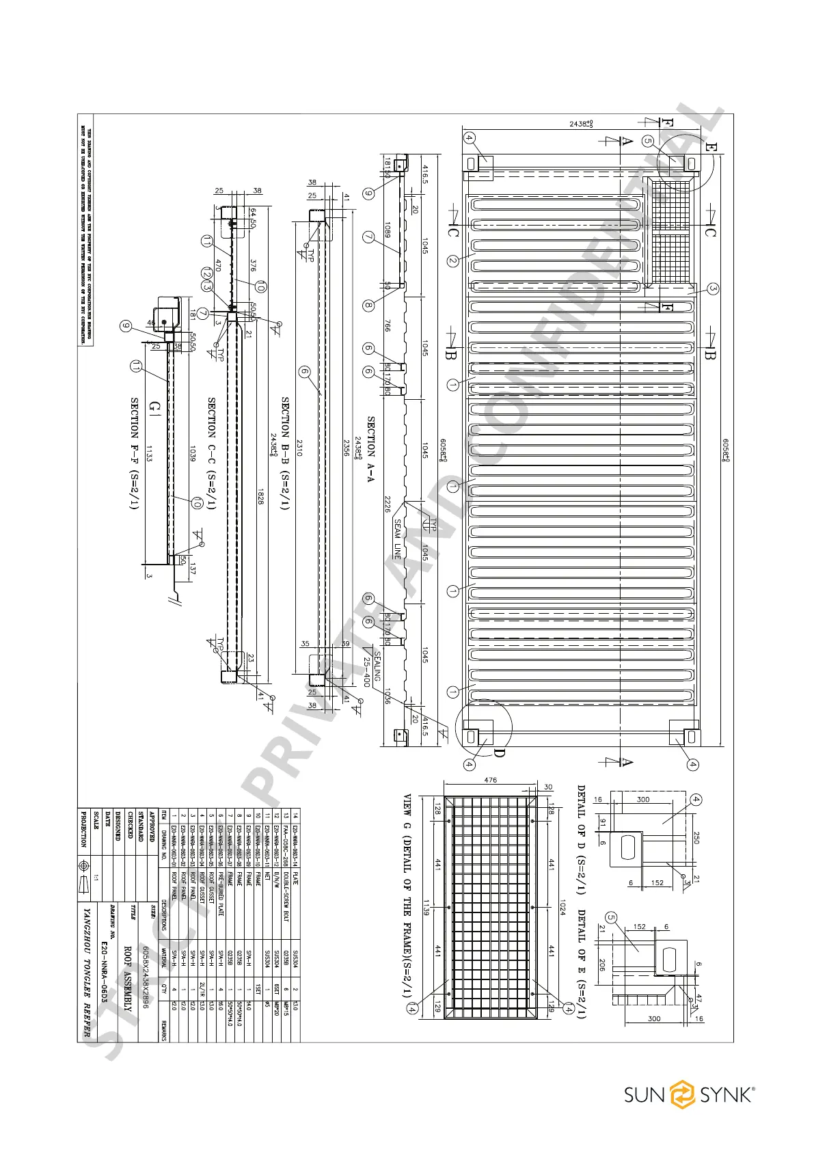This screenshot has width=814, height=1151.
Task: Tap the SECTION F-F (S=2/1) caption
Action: (135, 453)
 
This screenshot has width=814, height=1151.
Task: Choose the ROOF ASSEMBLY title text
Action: (127, 978)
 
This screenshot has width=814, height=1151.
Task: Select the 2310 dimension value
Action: (299, 448)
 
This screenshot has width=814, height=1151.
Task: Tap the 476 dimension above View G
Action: (490, 780)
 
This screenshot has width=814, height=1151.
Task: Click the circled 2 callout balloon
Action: (452, 260)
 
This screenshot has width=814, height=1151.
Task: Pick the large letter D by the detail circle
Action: (499, 754)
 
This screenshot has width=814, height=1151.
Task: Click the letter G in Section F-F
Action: (154, 408)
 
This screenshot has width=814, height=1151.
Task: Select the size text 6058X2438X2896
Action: (146, 977)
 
